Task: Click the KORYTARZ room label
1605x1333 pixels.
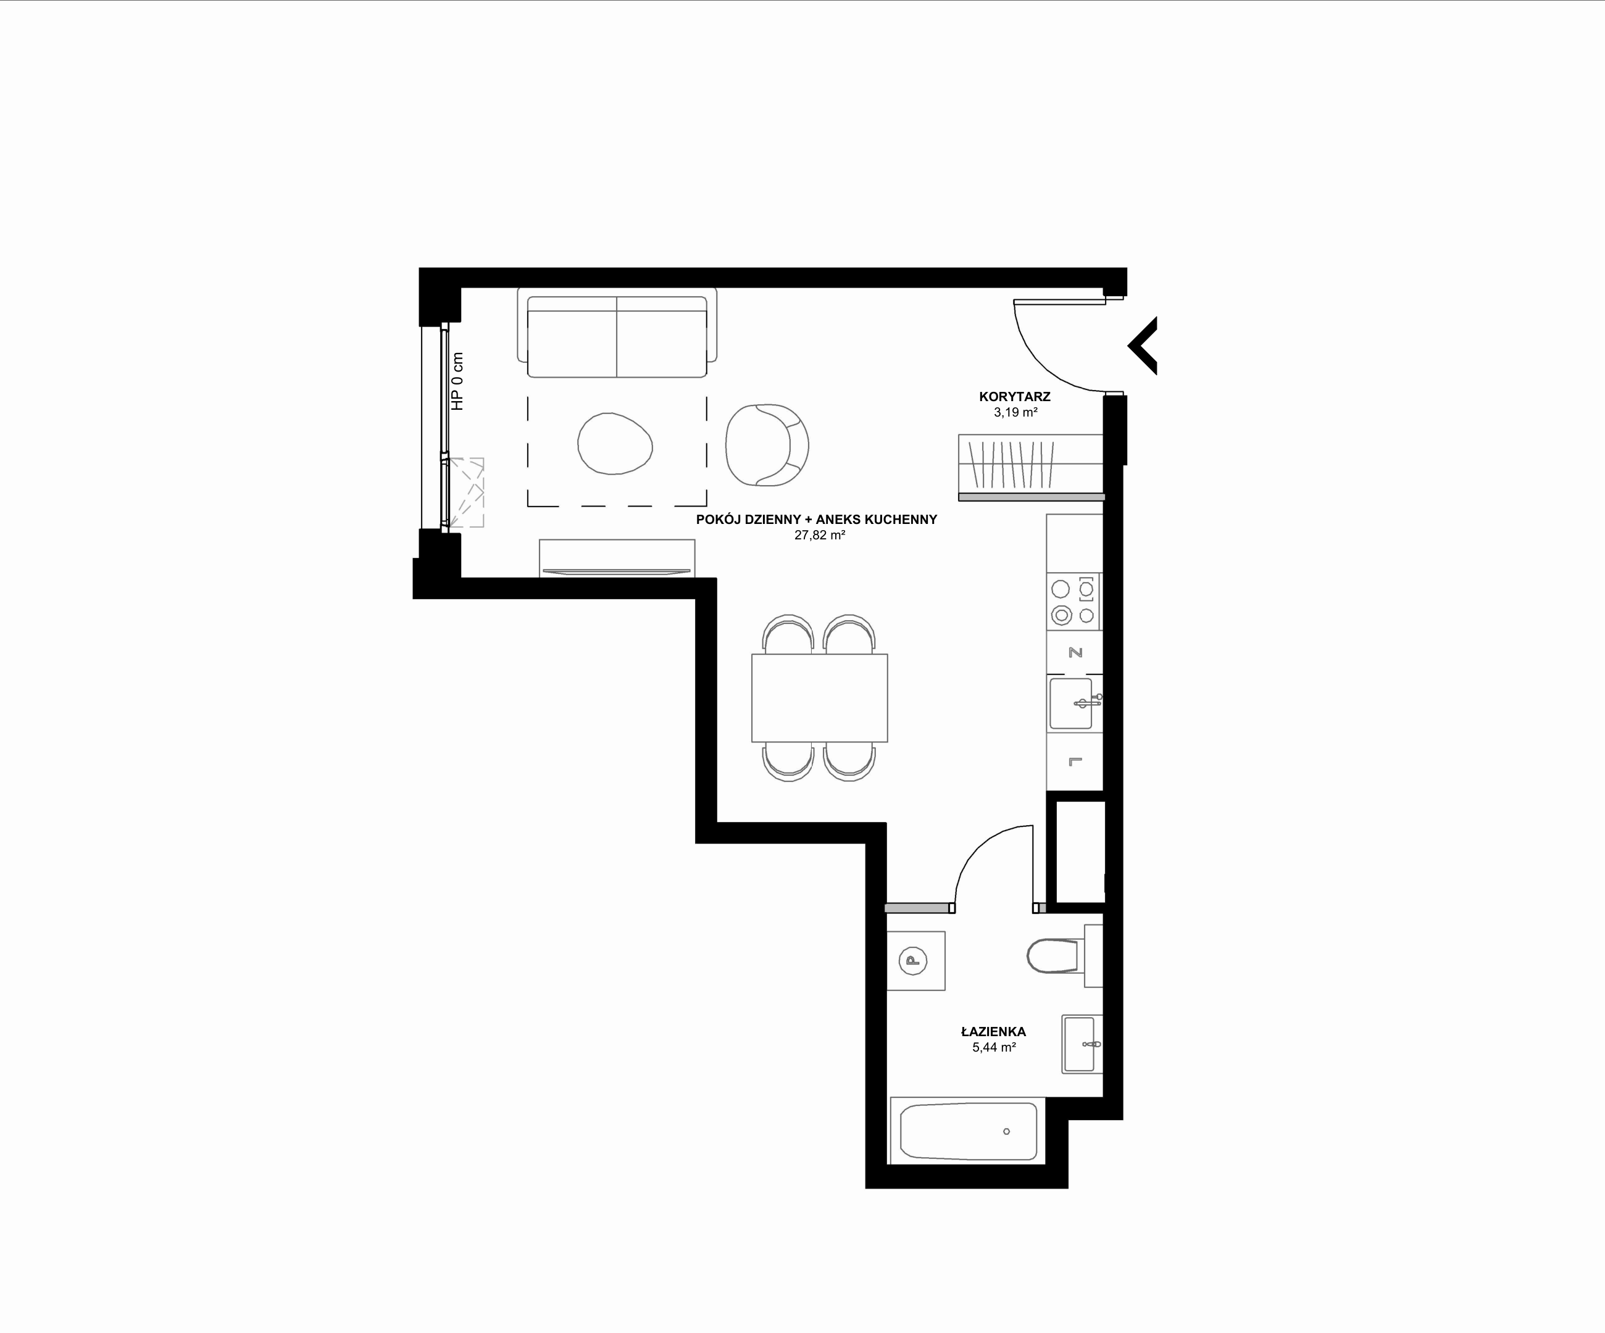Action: [x=1014, y=396]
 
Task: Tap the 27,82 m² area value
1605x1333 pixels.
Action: [x=819, y=536]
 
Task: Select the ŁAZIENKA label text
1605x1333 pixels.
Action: [x=994, y=1031]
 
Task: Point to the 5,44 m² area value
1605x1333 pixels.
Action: [x=994, y=1047]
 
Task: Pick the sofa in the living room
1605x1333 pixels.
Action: [x=617, y=333]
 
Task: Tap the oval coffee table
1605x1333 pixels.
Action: [x=614, y=443]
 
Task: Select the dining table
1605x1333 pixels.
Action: [x=819, y=697]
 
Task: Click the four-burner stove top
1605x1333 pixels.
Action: [x=1074, y=601]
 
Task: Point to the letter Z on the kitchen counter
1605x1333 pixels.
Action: [x=1075, y=653]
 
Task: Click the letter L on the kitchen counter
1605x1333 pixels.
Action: [x=1075, y=761]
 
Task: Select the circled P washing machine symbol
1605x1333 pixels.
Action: [x=912, y=960]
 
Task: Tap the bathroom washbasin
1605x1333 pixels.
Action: [x=1082, y=1044]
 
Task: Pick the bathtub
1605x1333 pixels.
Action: [x=967, y=1131]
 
